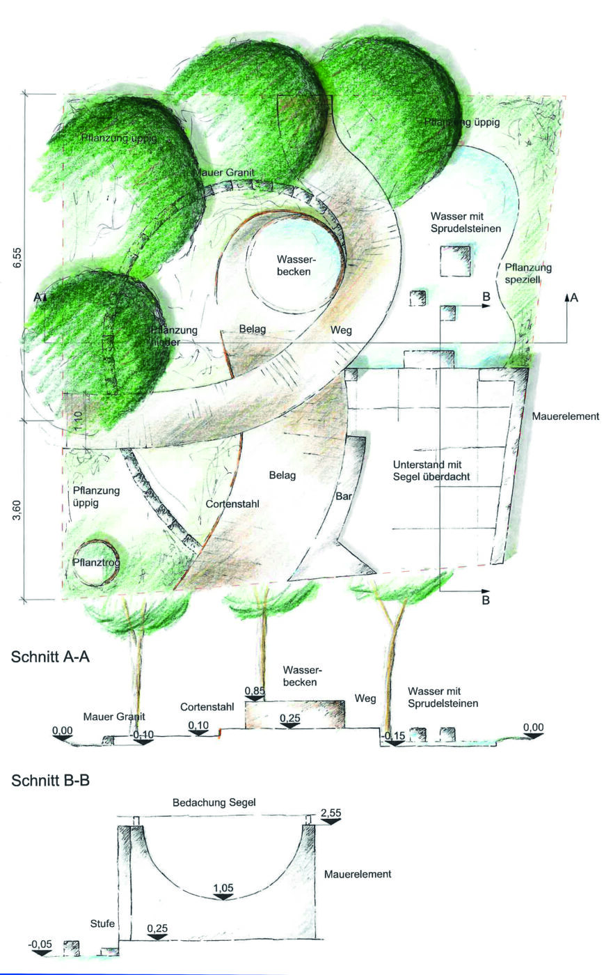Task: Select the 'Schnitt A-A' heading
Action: pyautogui.click(x=51, y=657)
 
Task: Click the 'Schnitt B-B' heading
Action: pyautogui.click(x=51, y=781)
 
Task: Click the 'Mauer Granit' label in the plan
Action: pyautogui.click(x=223, y=172)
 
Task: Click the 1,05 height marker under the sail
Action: pyautogui.click(x=223, y=888)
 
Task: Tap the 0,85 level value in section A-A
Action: pyautogui.click(x=255, y=690)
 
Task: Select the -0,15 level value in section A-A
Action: pyautogui.click(x=393, y=735)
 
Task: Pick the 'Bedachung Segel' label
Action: pyautogui.click(x=214, y=803)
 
